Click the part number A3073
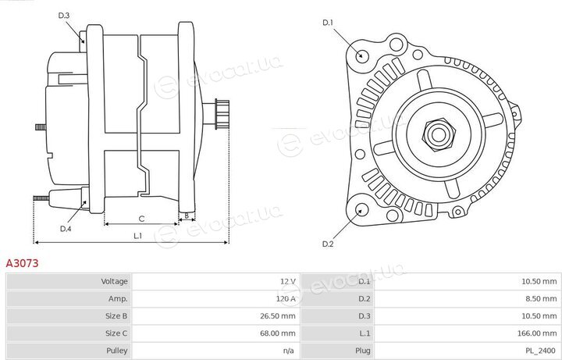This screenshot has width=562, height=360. click(22, 263)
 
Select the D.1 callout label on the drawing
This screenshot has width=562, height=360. click(328, 23)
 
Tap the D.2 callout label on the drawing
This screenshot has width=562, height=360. click(328, 244)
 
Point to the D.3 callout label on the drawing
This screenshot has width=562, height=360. click(63, 16)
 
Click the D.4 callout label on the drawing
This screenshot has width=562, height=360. click(66, 229)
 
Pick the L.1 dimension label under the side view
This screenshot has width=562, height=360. click(138, 236)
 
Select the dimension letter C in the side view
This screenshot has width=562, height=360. click(141, 219)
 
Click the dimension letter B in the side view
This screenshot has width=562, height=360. click(187, 216)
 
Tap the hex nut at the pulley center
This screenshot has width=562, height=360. click(438, 134)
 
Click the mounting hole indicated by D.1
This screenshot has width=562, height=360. click(361, 55)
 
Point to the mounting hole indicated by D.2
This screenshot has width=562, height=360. click(362, 210)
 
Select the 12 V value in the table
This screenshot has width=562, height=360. click(288, 281)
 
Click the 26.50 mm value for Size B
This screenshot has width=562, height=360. click(278, 316)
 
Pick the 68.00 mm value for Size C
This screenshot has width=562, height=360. click(278, 333)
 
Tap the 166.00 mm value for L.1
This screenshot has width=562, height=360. click(537, 333)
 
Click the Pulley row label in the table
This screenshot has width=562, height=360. click(117, 351)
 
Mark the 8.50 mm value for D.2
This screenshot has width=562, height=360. click(541, 298)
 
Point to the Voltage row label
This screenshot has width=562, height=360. click(114, 281)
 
